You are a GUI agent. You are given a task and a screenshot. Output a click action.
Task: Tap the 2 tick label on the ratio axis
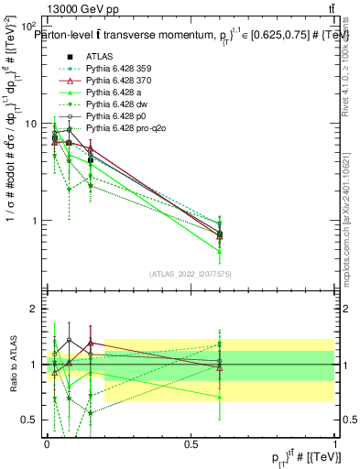tap(36, 310)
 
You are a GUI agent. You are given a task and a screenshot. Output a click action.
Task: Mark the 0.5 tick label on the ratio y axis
tap(31, 420)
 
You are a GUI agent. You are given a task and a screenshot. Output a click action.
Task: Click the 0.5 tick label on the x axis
tap(191, 442)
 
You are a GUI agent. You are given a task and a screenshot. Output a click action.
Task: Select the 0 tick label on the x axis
tap(46, 442)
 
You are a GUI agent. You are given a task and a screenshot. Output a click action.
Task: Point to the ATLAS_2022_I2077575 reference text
tap(191, 274)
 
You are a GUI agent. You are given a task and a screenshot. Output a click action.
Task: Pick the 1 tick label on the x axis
tap(335, 442)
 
